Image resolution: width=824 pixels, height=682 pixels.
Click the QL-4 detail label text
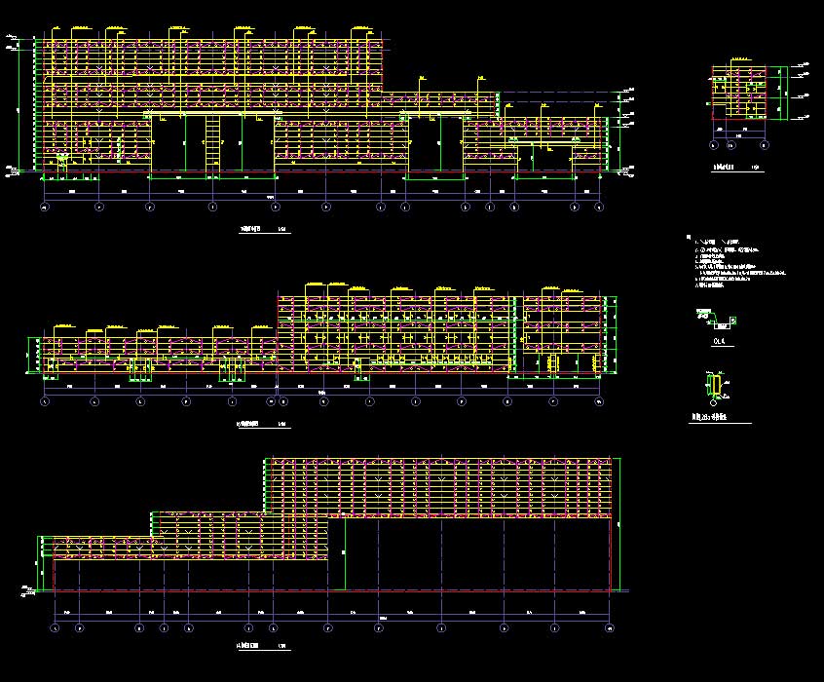click(x=720, y=342)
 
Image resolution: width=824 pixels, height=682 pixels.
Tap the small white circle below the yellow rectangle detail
click(x=715, y=402)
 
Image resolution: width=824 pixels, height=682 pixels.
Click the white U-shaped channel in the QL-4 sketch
click(x=722, y=322)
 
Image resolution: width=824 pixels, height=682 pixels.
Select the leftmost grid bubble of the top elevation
click(x=44, y=208)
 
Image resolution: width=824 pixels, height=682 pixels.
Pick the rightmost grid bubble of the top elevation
click(x=600, y=208)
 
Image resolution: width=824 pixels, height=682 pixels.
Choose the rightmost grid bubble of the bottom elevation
click(x=610, y=628)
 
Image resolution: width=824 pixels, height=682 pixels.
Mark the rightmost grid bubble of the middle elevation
click(x=599, y=401)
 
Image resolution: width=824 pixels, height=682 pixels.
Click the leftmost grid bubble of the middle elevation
click(x=44, y=401)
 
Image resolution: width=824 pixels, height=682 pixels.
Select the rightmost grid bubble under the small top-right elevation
click(x=765, y=146)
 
